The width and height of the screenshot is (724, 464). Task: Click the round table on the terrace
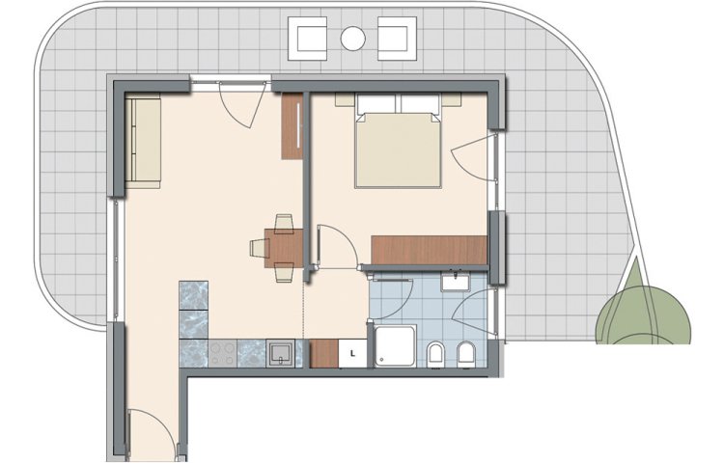[352, 39]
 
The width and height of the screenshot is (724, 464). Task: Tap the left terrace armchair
[308, 39]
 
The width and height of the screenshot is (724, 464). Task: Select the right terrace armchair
[397, 39]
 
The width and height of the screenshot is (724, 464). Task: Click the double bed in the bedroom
[398, 141]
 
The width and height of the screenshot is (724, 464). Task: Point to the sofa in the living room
[143, 141]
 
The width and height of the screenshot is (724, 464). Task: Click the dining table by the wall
[284, 248]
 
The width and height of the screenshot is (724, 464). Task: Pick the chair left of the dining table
[260, 248]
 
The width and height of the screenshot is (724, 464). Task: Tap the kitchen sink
[280, 353]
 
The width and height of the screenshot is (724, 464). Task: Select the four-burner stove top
[223, 353]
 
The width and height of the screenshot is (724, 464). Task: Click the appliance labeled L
[352, 354]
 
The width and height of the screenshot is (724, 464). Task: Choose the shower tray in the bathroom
[395, 346]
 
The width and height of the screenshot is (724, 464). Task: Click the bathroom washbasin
[456, 282]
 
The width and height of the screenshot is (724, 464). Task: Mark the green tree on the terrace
[643, 307]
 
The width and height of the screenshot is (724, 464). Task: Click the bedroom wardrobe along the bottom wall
[429, 250]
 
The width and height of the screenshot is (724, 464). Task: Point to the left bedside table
[345, 99]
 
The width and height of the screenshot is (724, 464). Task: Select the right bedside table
[451, 99]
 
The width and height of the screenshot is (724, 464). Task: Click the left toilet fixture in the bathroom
[435, 354]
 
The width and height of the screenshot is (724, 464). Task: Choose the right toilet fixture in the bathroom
[465, 354]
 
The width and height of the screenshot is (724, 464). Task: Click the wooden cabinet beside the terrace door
[292, 126]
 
